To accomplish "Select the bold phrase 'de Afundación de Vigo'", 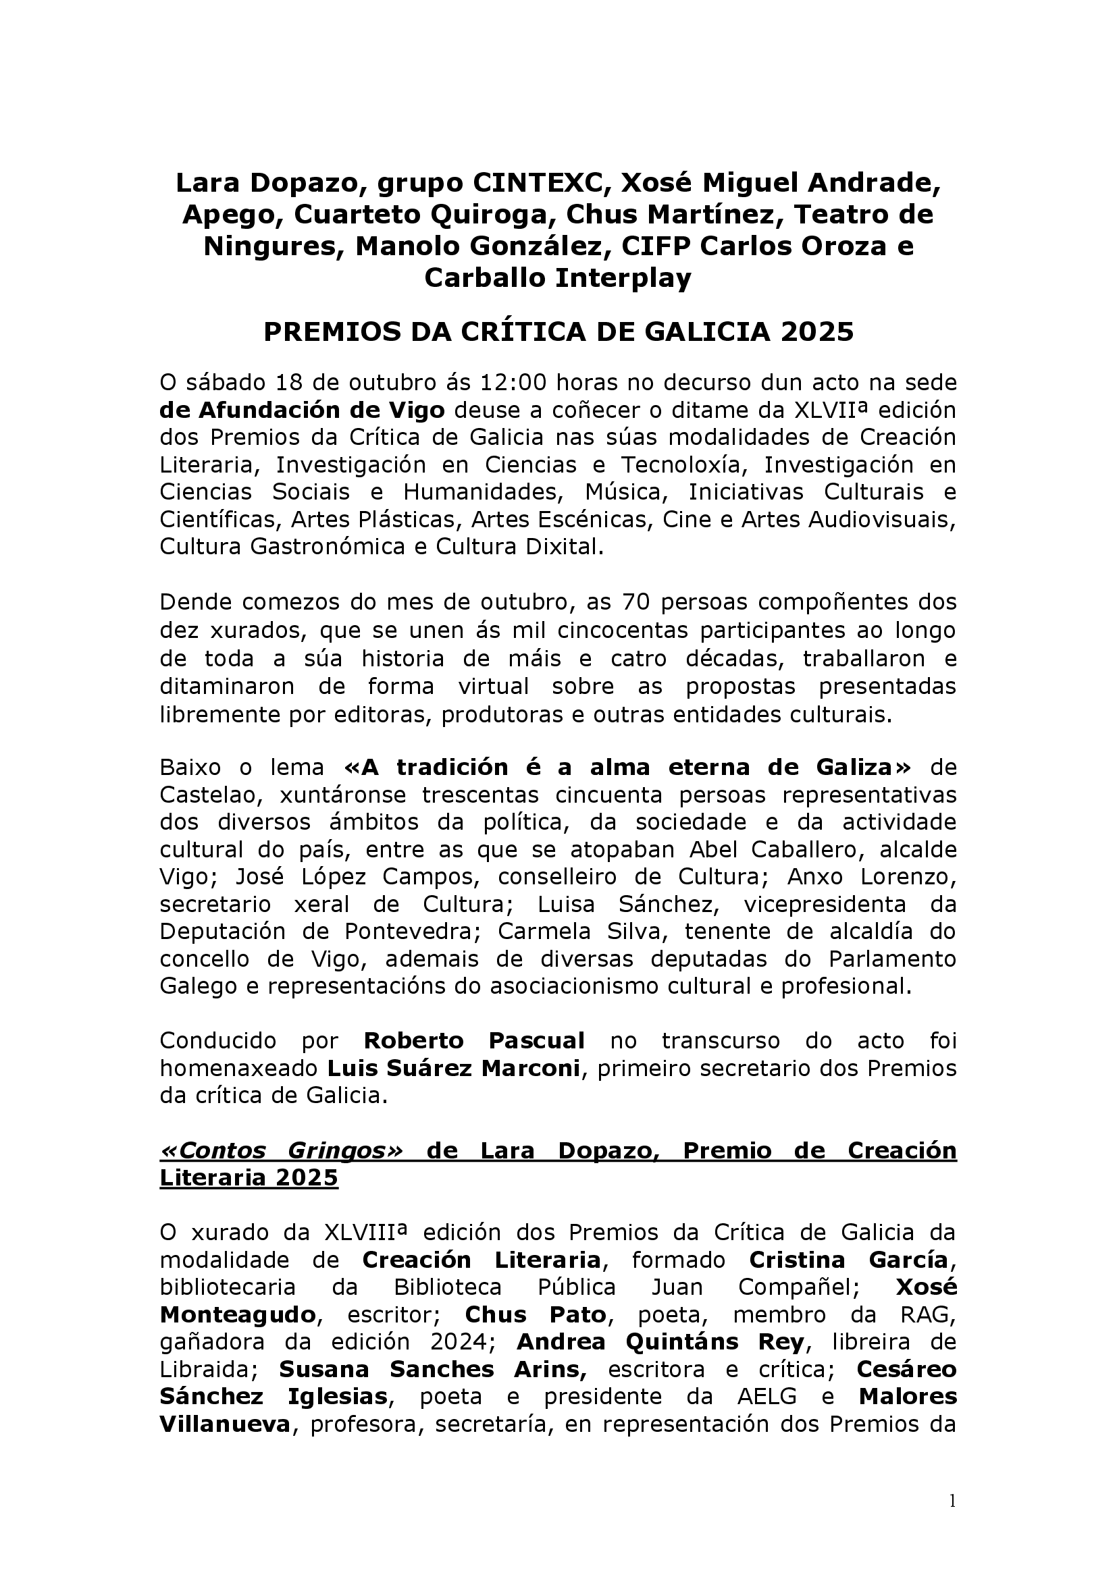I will coord(302,410).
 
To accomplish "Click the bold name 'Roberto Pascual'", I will coord(474,1041).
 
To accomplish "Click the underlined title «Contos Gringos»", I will coord(282,1150).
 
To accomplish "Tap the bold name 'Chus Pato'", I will coord(536,1315).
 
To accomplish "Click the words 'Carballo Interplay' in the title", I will coord(557,279).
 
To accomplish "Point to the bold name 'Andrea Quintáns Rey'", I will coord(660,1343).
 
